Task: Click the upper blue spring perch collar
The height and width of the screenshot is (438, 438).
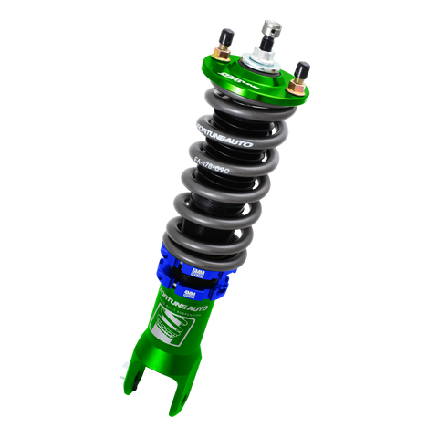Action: tap(187, 255)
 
